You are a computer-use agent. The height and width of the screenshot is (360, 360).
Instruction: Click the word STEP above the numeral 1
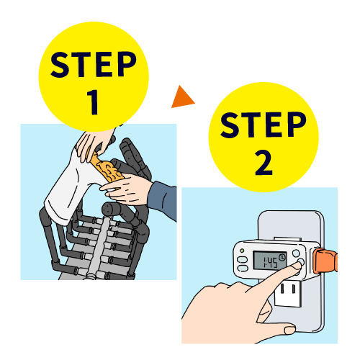(x=93, y=64)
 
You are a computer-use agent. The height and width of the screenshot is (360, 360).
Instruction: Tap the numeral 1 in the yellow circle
(x=93, y=102)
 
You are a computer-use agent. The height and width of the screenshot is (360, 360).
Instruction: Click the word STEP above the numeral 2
(x=264, y=125)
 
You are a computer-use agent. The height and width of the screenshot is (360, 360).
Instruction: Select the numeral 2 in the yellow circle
(x=264, y=163)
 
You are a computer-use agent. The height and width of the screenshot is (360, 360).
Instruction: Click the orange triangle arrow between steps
(x=181, y=98)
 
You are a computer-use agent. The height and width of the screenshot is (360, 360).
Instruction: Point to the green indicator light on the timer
(x=242, y=251)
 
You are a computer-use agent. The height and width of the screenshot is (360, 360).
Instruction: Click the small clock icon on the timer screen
(x=282, y=257)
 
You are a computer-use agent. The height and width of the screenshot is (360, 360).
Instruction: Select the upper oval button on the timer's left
(x=242, y=260)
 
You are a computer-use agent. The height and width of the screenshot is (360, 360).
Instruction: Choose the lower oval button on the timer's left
(x=243, y=269)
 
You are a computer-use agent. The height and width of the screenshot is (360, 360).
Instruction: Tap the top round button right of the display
(x=296, y=253)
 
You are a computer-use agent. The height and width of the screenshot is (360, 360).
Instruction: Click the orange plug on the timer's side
(x=325, y=261)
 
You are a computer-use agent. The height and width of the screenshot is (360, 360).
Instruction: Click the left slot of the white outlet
(x=282, y=289)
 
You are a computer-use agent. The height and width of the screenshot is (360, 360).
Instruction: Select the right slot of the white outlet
(x=294, y=289)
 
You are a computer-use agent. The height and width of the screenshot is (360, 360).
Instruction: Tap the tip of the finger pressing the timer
(x=297, y=265)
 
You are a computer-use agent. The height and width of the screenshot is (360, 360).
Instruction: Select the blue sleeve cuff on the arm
(x=163, y=199)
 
